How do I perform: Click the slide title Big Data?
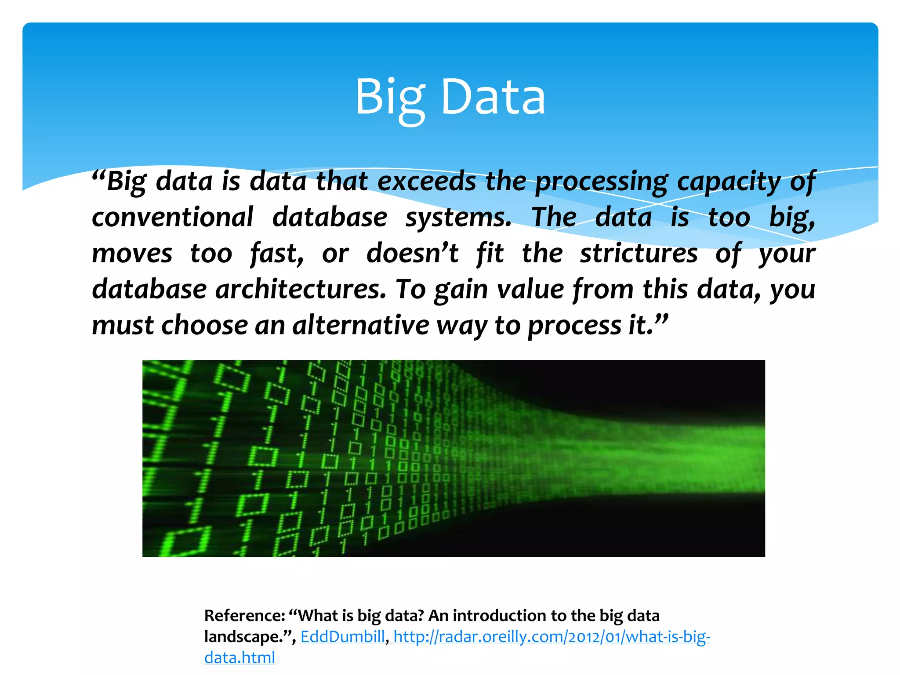coord(450,97)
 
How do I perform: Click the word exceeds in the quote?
coord(427,181)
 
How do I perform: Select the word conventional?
coord(172,217)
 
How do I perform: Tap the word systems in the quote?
coord(458,218)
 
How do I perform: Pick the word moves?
coord(132,254)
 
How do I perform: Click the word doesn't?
coord(413,254)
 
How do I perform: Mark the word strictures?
coord(639,254)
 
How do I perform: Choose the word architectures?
coord(301,290)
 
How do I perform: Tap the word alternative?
coord(360,326)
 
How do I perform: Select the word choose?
coord(204,326)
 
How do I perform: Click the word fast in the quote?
coord(276,254)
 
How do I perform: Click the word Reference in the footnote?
coord(244,616)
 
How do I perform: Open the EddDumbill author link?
coord(342,637)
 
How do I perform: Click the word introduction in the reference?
coord(502,616)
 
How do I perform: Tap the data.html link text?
coord(240,657)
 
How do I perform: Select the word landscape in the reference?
coord(243,637)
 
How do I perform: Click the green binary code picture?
coord(454,458)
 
